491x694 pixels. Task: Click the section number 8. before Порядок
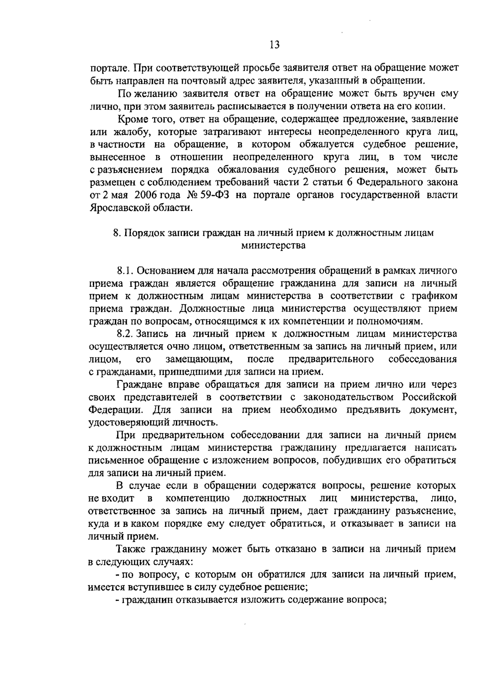(x=117, y=233)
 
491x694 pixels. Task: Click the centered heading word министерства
(x=273, y=246)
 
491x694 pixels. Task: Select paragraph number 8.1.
(x=124, y=271)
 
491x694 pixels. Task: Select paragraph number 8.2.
(x=124, y=334)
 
